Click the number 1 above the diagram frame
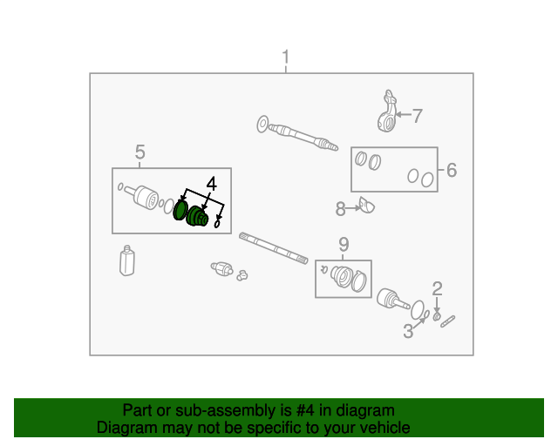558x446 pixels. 285,59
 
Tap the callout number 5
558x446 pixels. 140,153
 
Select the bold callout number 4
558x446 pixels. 210,184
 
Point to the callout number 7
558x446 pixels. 417,114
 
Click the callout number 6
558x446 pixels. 451,170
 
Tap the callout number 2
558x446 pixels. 438,288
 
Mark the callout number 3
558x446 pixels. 408,330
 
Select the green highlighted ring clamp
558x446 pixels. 180,211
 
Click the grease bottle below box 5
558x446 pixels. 128,261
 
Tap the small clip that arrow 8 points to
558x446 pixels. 367,206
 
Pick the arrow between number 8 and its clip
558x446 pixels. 353,207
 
